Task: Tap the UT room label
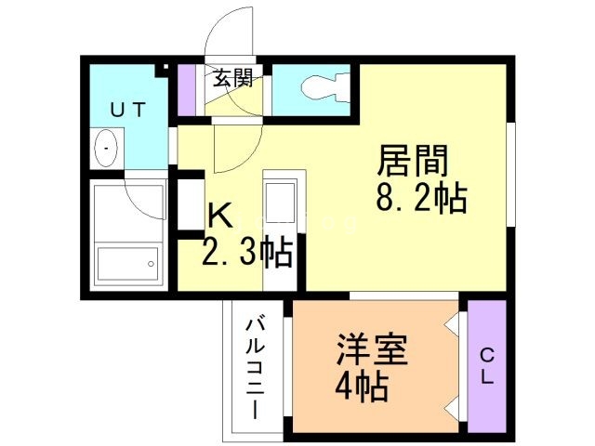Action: pos(128,110)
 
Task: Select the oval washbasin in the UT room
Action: pos(105,149)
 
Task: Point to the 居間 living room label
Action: pos(412,162)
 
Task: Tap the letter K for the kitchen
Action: pos(219,216)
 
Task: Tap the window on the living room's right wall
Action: pos(509,172)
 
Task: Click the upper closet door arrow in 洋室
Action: pos(452,326)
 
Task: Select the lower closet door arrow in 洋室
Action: pos(452,406)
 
